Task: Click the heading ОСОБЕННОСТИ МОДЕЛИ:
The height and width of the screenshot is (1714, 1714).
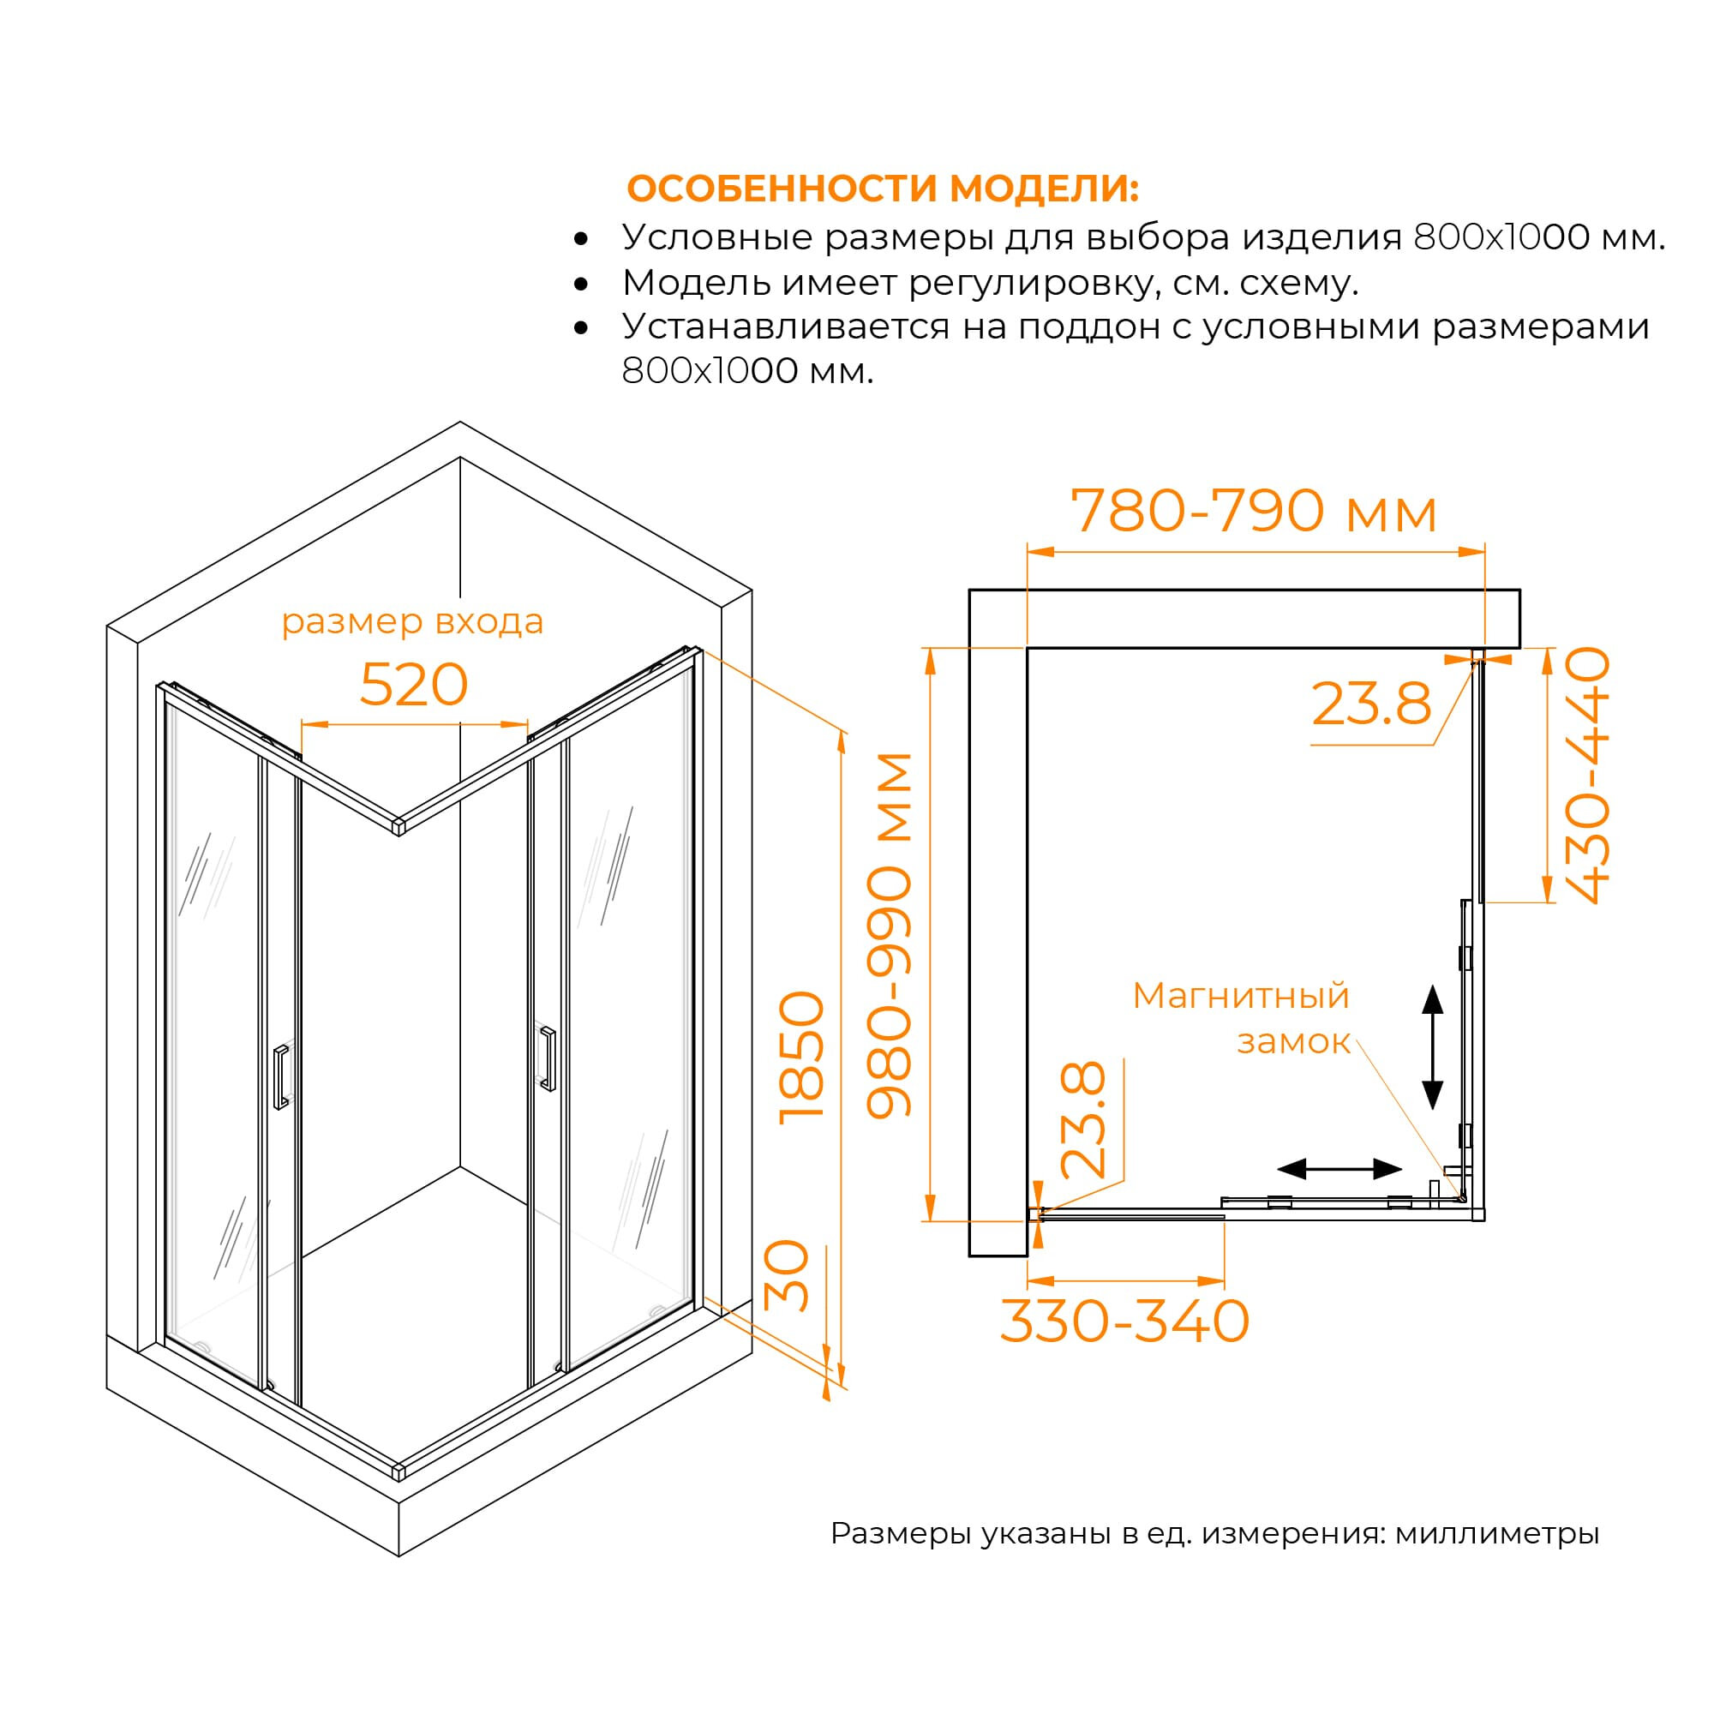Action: coord(883,188)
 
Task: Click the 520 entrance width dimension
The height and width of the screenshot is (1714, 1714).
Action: coord(413,685)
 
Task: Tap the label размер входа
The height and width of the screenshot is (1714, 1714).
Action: coord(412,622)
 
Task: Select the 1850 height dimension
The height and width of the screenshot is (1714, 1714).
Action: coord(801,1058)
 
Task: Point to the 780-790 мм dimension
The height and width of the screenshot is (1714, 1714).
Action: coord(1254,512)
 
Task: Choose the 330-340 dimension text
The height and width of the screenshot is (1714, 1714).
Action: coord(1125,1321)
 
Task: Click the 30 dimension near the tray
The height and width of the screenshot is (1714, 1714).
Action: coord(787,1275)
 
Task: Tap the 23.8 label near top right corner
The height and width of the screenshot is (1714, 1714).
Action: coord(1371,704)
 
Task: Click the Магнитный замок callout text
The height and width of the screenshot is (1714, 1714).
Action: coord(1241,1018)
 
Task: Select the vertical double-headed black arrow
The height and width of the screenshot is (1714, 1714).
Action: coord(1432,1047)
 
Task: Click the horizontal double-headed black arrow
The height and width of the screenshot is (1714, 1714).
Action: coord(1339,1169)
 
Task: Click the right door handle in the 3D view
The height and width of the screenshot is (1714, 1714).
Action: coord(548,1058)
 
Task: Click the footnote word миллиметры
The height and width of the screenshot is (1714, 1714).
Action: coord(1496,1532)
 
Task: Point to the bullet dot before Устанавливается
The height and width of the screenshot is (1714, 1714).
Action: coord(581,327)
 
